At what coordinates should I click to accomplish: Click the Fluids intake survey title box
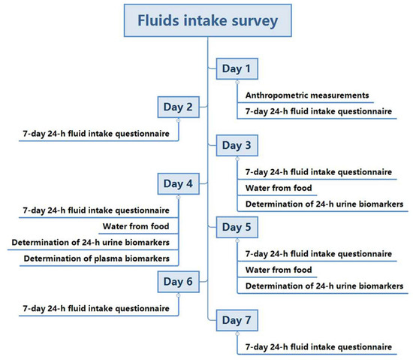tap(206, 20)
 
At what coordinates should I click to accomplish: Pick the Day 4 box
tap(178, 183)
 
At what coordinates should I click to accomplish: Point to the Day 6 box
tap(178, 281)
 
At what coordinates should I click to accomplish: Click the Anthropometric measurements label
tap(307, 95)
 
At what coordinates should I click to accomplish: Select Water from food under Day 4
tap(136, 225)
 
